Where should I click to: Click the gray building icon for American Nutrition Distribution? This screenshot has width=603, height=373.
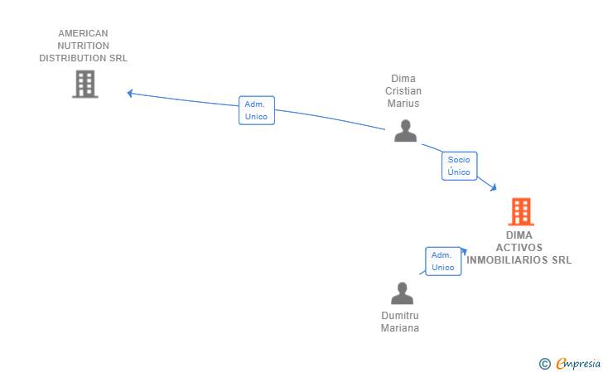(85, 84)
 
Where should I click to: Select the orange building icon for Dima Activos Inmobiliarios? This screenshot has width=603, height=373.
(521, 211)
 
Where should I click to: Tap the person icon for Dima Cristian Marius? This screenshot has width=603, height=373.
(405, 130)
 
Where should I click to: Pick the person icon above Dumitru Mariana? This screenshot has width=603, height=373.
(402, 293)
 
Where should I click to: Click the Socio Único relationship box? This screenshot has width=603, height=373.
(459, 166)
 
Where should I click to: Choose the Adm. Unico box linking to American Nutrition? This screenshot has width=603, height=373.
(257, 110)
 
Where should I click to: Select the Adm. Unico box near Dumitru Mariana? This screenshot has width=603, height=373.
(443, 261)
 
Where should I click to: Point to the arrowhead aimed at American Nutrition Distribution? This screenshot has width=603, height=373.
(130, 93)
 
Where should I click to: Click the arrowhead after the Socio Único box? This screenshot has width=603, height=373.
(494, 187)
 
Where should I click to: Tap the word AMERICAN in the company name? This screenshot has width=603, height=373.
(83, 33)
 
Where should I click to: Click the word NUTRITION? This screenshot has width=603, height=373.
(83, 46)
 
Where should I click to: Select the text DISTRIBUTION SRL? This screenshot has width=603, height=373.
(83, 58)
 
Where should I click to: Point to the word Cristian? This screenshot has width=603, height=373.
(403, 91)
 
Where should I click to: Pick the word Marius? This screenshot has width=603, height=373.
(403, 103)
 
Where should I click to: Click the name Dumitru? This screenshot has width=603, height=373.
(400, 316)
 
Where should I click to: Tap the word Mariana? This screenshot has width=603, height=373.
(400, 328)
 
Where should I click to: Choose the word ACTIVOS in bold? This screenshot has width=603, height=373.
(519, 248)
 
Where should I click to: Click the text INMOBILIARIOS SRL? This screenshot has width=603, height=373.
(519, 259)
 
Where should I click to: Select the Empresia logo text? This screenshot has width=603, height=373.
(578, 363)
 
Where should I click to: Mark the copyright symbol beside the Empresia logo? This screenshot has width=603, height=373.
(545, 364)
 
